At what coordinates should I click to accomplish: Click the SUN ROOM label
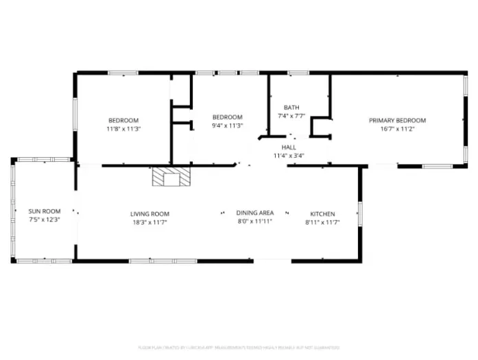click(x=45, y=211)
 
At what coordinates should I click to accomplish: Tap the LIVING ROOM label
click(x=150, y=214)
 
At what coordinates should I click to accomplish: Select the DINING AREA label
click(x=254, y=213)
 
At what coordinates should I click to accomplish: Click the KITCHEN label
click(x=322, y=214)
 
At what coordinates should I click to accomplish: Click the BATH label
click(x=291, y=108)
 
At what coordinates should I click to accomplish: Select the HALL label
click(x=289, y=147)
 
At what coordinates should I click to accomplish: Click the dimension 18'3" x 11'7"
click(x=150, y=222)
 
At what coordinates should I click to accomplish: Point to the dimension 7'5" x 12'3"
click(x=45, y=219)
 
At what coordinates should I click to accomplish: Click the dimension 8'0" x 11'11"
click(x=254, y=221)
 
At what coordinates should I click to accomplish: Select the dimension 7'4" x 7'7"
click(x=291, y=116)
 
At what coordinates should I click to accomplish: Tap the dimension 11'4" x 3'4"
click(x=289, y=156)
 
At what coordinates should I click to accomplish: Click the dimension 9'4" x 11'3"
click(x=227, y=125)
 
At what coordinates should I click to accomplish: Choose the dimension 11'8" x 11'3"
click(x=123, y=128)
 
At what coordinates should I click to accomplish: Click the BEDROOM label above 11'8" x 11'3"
click(x=123, y=120)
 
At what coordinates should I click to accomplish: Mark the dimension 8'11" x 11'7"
click(x=322, y=222)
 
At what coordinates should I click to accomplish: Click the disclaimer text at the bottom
click(x=238, y=348)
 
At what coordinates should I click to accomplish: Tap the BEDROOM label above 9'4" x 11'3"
click(x=227, y=117)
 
